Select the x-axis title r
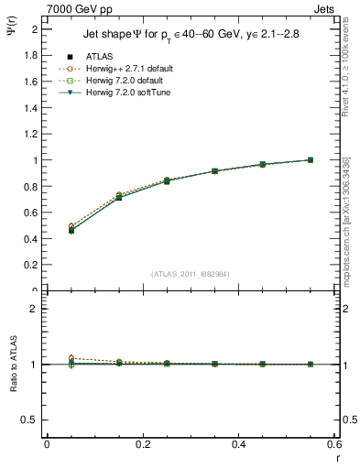click(x=337, y=457)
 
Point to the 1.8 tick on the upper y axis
click(x=32, y=55)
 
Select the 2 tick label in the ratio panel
click(x=34, y=309)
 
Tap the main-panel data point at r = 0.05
click(x=47, y=230)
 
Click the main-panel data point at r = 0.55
click(x=310, y=160)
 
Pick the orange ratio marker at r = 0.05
click(x=47, y=358)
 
